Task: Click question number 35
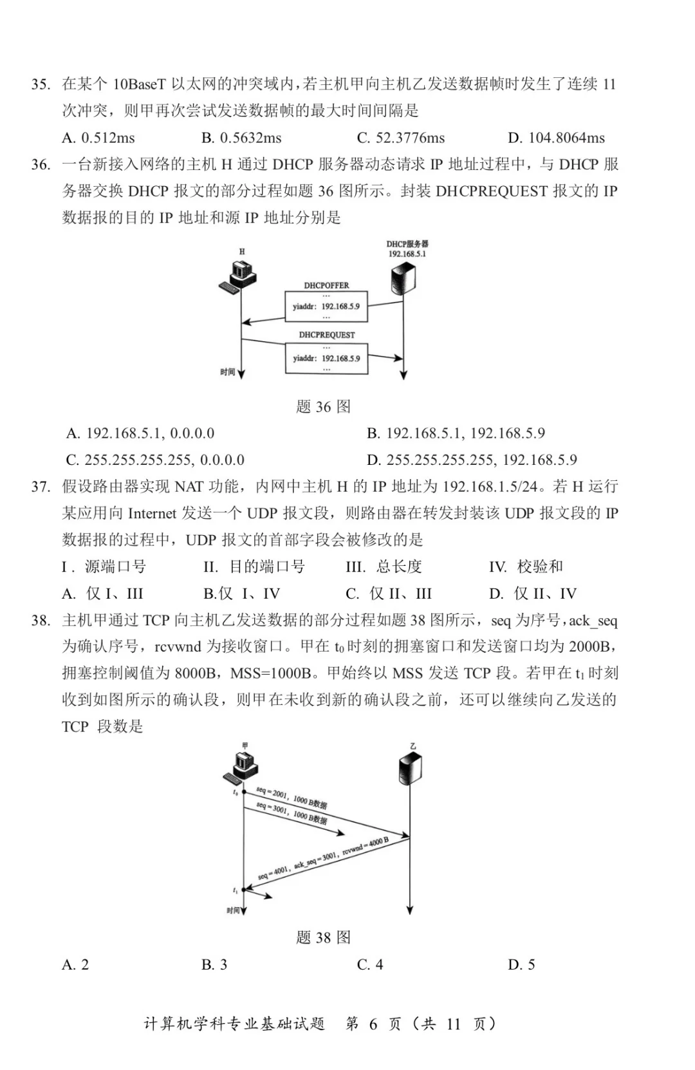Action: (x=41, y=84)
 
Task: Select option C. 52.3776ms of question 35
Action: (x=400, y=138)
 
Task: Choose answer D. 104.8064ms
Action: (x=556, y=138)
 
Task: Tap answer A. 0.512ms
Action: (x=98, y=138)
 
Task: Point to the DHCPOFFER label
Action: (x=326, y=285)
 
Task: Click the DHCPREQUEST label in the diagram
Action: (x=326, y=335)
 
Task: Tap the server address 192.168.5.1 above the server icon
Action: (x=407, y=254)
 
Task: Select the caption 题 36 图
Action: (x=323, y=407)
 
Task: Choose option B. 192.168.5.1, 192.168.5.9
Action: (x=456, y=433)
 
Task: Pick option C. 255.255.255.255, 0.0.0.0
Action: (x=155, y=460)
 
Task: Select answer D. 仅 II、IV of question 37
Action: (x=532, y=594)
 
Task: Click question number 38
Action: (x=41, y=621)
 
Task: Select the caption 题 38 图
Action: (x=323, y=937)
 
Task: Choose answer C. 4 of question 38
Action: (x=370, y=964)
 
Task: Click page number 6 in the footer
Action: (x=373, y=1024)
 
